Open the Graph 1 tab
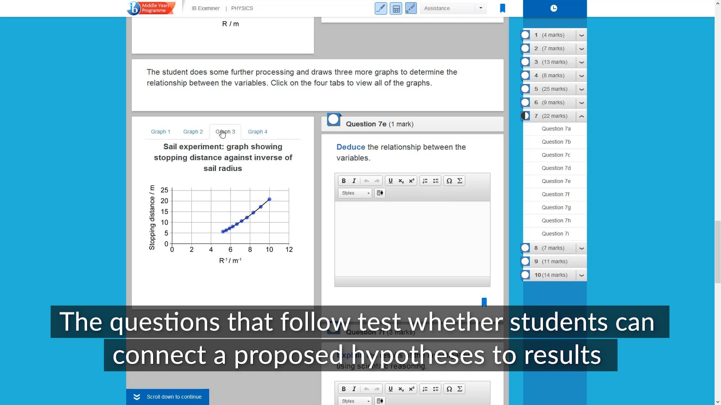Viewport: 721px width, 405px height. pos(160,132)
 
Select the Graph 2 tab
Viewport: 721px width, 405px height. pos(193,132)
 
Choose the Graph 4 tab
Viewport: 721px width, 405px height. pos(257,132)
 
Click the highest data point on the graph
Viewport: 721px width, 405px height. pos(269,199)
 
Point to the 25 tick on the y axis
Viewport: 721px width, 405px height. pos(164,190)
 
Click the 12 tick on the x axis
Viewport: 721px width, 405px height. pos(289,249)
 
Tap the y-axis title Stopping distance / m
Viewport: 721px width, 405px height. pos(152,217)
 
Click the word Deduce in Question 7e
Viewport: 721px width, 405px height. pos(350,147)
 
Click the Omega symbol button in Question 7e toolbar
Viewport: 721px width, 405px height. pos(449,181)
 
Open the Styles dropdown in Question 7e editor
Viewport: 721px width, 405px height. pos(355,193)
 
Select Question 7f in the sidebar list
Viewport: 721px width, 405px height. pos(555,194)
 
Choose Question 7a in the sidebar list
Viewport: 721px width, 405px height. pos(556,129)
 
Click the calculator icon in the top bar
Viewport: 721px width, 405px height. pos(396,8)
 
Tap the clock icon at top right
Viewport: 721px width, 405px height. pos(554,8)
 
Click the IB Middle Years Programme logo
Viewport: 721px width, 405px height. pos(151,8)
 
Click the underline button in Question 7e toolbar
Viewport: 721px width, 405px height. pos(391,181)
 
